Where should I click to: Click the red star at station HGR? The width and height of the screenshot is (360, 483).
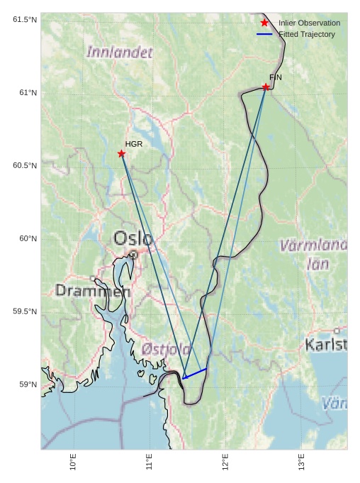pos(121,153)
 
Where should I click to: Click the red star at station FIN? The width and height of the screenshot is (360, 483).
pos(266,87)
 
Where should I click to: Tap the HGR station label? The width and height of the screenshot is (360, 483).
pos(134,144)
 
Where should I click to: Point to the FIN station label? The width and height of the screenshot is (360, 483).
pos(276,77)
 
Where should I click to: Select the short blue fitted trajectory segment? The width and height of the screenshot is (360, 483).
pos(195,373)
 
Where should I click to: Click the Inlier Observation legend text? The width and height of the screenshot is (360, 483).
pos(309,23)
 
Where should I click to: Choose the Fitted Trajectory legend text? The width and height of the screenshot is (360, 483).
pos(307,34)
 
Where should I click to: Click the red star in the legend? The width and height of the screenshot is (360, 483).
pos(264,23)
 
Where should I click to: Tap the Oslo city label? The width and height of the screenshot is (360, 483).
pos(133,238)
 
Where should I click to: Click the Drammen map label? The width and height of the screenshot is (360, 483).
pos(93,291)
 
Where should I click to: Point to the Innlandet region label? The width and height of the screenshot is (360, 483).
pos(120,52)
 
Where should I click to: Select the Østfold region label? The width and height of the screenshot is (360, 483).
pos(166,349)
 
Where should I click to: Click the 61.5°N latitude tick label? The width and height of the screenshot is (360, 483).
pos(25,19)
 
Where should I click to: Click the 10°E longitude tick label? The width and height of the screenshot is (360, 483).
pos(74,462)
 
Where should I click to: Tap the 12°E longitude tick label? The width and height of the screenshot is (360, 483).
pos(225,462)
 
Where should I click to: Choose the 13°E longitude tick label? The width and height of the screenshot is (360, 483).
pos(301,462)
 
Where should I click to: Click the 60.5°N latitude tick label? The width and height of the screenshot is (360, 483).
pos(25,165)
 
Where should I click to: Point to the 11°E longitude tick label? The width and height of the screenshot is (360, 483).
pos(150,462)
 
